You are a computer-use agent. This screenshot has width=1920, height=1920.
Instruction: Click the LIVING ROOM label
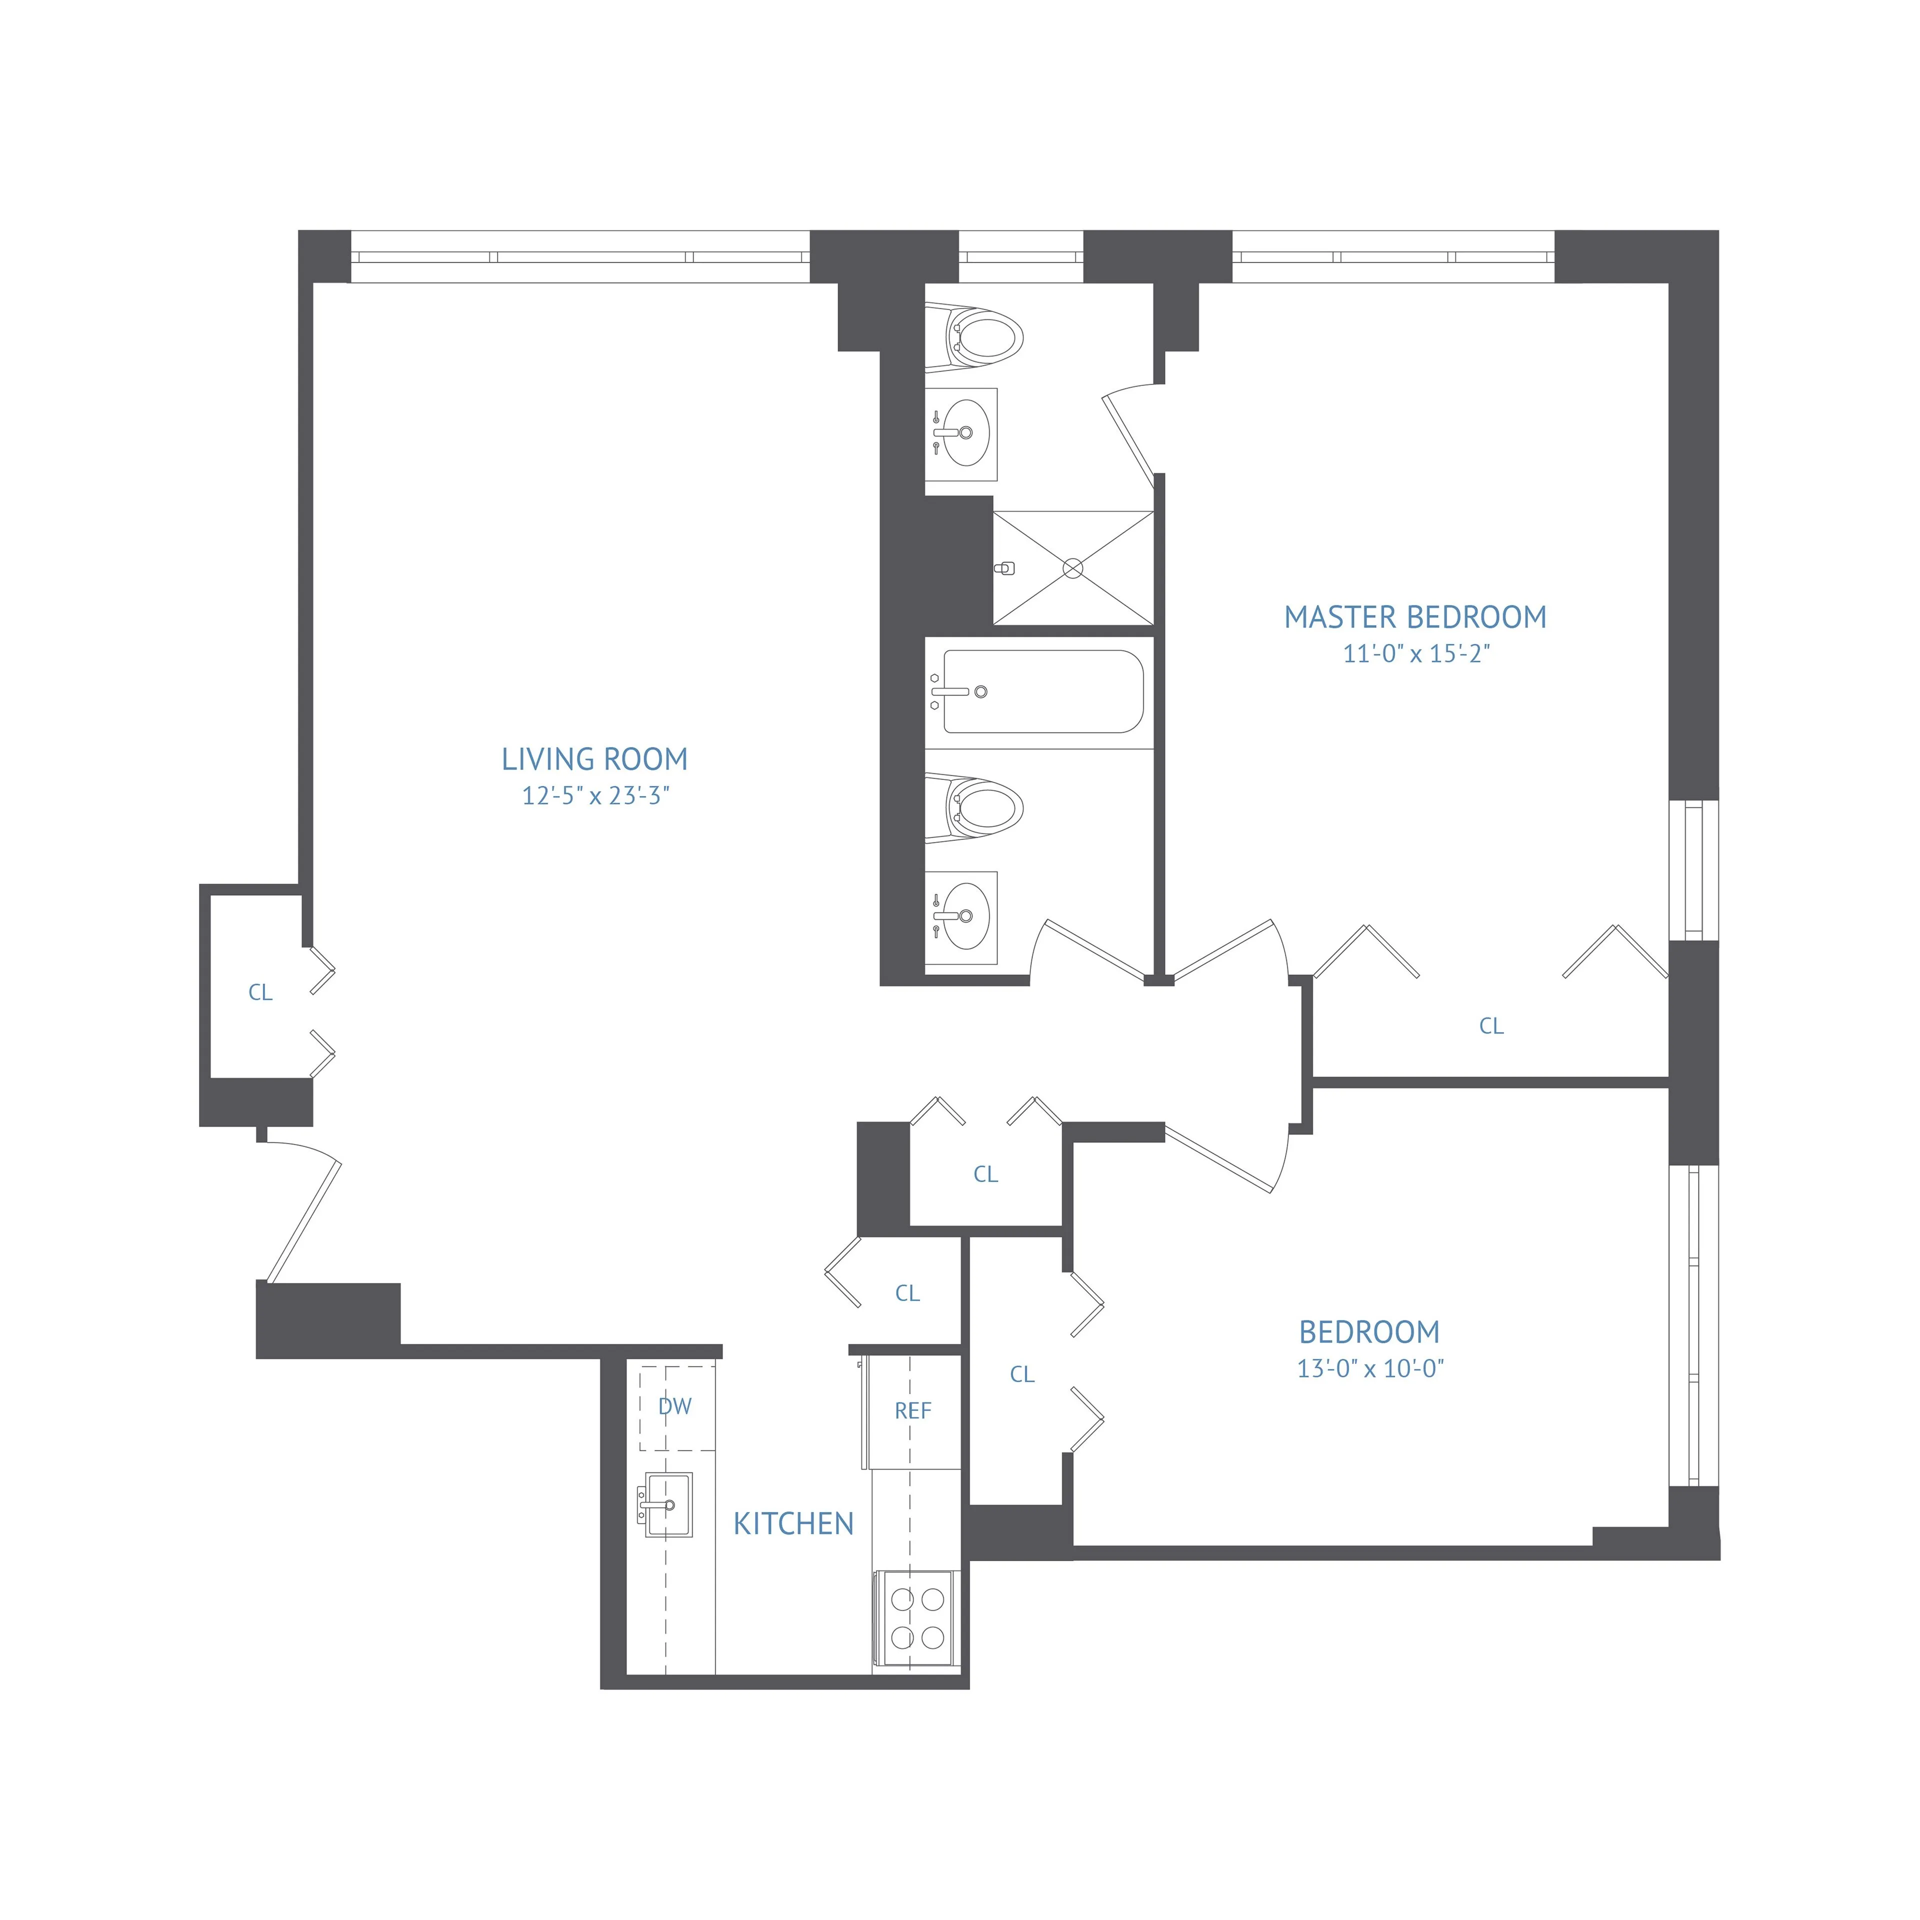594,759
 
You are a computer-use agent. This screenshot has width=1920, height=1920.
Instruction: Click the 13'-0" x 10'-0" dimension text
1369,1368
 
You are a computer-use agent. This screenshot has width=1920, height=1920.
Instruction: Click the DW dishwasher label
675,1406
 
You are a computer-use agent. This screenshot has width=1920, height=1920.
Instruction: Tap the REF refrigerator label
912,1411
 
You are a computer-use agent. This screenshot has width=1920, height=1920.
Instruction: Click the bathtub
1041,691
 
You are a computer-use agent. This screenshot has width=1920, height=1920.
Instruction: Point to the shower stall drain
1072,568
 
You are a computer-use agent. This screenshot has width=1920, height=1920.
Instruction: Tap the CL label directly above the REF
907,1293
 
